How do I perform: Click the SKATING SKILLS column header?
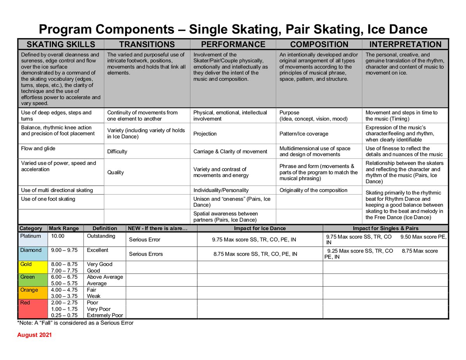61,44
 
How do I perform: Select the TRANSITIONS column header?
147,44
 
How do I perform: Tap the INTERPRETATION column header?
405,44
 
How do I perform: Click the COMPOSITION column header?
319,44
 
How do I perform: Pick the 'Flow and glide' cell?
38,148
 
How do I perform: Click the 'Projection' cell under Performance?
205,134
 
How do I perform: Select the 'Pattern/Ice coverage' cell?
304,134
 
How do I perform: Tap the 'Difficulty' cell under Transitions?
117,151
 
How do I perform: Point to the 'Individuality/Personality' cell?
221,190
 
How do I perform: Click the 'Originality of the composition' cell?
313,190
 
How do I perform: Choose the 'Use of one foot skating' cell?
48,199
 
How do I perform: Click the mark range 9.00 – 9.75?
64,250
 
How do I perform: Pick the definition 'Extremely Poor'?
104,315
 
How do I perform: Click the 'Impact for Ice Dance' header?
259,228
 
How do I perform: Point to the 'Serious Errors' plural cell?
146,254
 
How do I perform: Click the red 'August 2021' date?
35,335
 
